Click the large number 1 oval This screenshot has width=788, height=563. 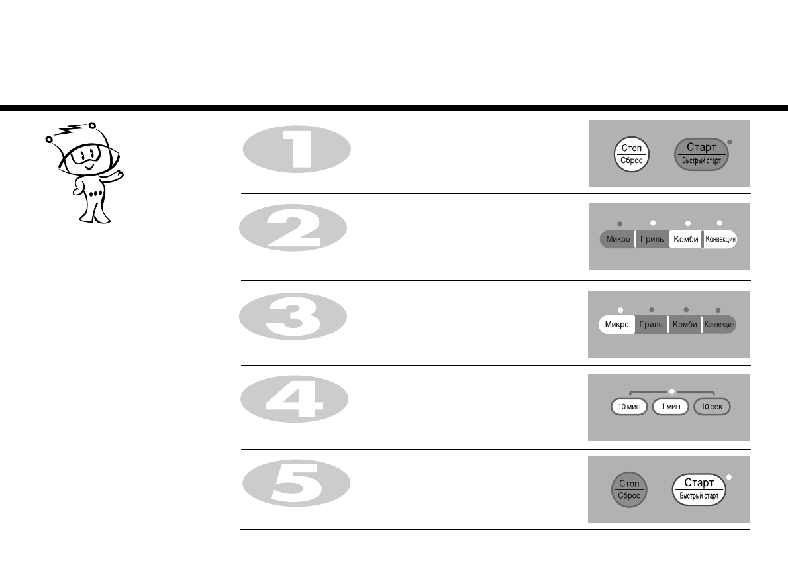297,149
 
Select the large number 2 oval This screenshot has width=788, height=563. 293,228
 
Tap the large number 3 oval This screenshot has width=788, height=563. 293,317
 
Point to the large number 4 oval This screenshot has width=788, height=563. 295,399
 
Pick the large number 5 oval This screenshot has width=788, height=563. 297,483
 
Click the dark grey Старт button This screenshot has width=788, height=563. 701,154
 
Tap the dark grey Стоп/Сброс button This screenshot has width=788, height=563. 629,489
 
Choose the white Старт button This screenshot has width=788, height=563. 699,489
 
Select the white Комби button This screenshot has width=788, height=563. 685,239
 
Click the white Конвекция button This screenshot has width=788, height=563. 720,239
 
